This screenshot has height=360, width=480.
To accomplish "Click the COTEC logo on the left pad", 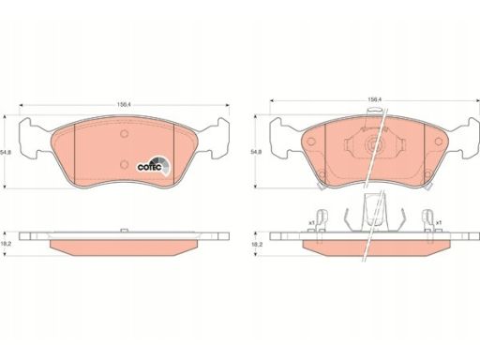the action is pyautogui.click(x=154, y=167).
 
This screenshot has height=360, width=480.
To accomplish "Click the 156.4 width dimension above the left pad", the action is pyautogui.click(x=124, y=105).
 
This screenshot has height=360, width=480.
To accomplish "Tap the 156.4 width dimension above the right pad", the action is pyautogui.click(x=374, y=99).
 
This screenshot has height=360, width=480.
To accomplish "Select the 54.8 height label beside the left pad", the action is pyautogui.click(x=4, y=152).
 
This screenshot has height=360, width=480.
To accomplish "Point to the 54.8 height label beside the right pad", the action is pyautogui.click(x=255, y=152).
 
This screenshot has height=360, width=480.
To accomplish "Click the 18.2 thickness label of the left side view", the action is pyautogui.click(x=7, y=244).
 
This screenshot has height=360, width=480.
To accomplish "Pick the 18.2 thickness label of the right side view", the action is pyautogui.click(x=258, y=244).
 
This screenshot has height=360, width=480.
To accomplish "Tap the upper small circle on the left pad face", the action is pyautogui.click(x=125, y=134).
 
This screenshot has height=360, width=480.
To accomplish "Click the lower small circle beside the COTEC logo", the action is pyautogui.click(x=125, y=164).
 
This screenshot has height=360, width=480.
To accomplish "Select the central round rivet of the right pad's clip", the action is pyautogui.click(x=372, y=144).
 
